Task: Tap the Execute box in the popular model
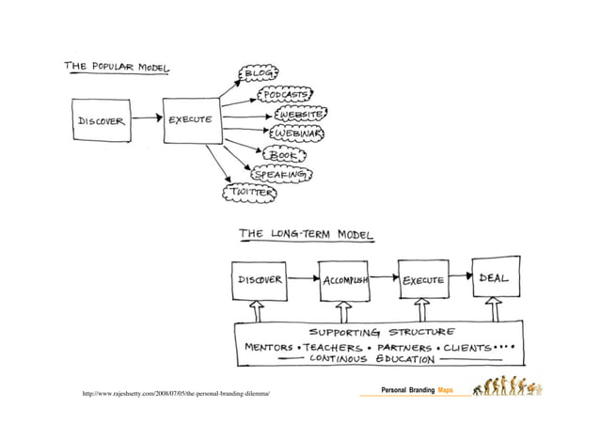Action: click(x=190, y=121)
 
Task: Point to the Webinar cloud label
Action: click(x=298, y=134)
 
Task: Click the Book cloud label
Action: click(x=279, y=155)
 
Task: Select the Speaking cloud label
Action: click(x=280, y=174)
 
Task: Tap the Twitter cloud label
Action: click(x=247, y=192)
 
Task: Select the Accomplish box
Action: click(x=344, y=280)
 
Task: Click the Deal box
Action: click(x=495, y=278)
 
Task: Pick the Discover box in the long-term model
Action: click(x=259, y=280)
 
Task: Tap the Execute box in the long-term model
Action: click(x=423, y=280)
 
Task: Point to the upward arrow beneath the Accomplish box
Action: click(x=344, y=311)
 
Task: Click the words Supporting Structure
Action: click(x=381, y=332)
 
